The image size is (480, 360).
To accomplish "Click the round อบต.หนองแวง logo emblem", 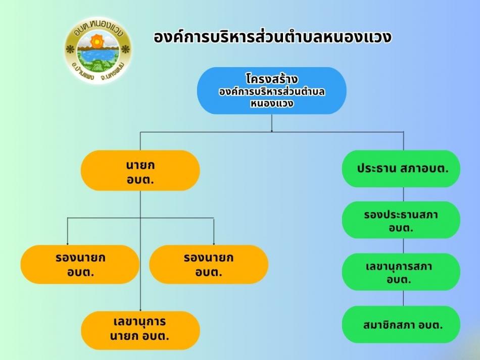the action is coord(98,50).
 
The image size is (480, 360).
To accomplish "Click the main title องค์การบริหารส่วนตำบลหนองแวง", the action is coord(272,37).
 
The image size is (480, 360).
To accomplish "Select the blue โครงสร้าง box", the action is coord(272,90).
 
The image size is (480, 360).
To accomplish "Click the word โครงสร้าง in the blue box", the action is coord(272,79).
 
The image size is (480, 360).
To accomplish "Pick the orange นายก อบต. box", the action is coord(140,170).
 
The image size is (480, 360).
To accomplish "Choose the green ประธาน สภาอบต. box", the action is coord(401,169).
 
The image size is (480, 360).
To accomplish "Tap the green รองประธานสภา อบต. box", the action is coord(401,220).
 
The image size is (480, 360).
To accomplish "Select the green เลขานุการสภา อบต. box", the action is coord(401,272).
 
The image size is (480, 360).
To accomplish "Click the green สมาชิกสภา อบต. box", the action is coord(401,325).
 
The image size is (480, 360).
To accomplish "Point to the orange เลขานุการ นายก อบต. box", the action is coord(140,330).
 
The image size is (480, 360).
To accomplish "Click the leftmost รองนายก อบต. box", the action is coord(80,264).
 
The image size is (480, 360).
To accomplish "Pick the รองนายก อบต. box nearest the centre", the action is coord(209,264).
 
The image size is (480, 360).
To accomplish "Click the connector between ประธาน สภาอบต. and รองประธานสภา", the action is coord(403,194).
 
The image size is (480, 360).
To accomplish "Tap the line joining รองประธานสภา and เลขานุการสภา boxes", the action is coord(403,246).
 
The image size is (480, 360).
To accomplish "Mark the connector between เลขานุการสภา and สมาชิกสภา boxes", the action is coord(403,298).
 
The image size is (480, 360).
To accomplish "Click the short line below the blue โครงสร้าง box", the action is coord(272,123).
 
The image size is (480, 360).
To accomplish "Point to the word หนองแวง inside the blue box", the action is coord(272,104).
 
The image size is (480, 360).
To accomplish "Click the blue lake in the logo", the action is coord(98,56).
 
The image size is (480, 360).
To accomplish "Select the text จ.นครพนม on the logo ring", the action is coord(113,71).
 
